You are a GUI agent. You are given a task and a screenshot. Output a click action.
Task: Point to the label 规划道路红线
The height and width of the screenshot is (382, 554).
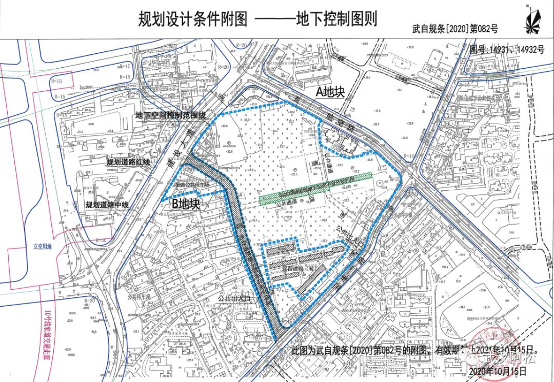128,163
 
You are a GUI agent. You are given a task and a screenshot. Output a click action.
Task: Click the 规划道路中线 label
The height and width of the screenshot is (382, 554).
107,205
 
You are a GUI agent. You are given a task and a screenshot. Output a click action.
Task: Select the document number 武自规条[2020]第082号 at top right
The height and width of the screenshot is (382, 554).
455,29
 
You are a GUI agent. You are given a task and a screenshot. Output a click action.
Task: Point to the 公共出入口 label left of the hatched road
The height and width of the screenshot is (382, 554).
232,297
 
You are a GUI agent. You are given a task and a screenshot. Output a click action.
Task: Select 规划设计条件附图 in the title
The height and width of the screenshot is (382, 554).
193,19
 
